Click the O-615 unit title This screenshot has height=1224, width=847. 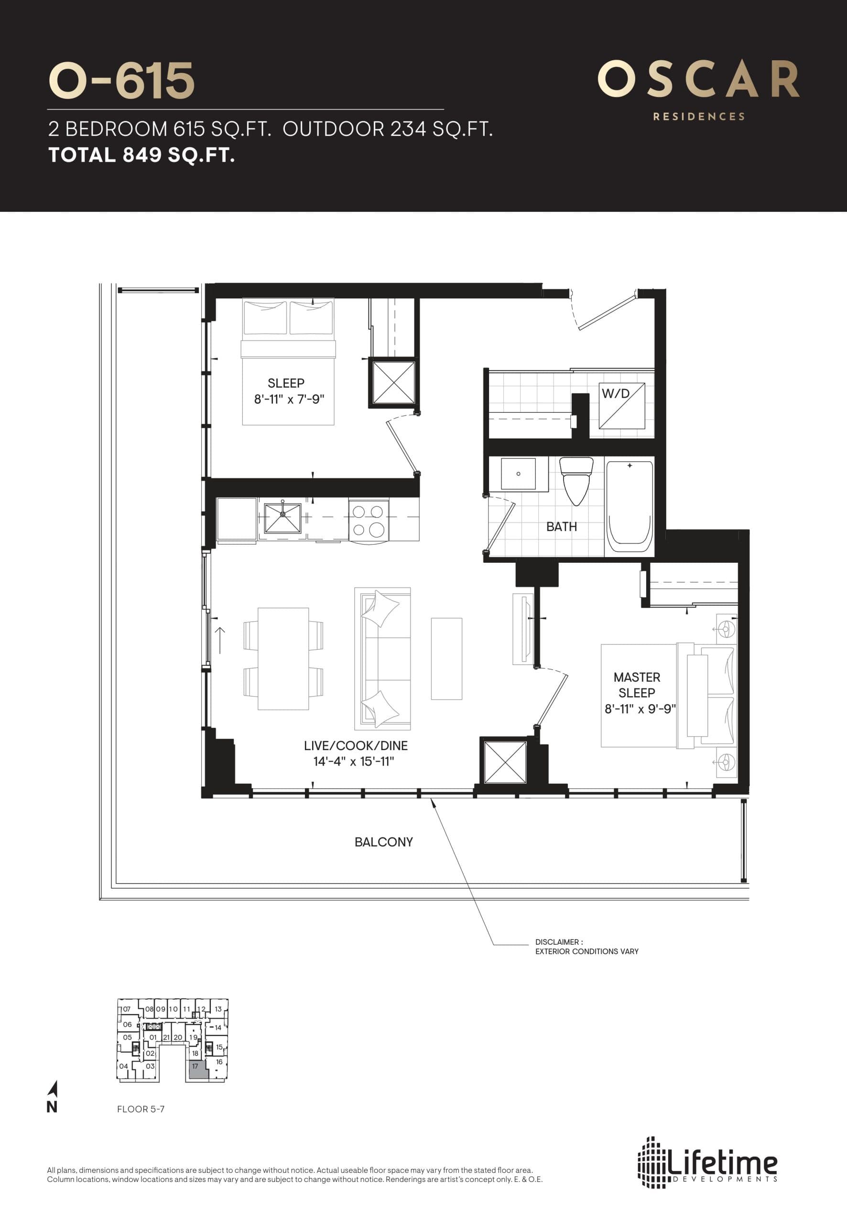121,81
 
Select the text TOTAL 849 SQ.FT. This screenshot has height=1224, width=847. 141,155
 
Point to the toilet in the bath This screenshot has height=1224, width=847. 576,479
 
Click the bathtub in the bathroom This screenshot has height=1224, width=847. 630,506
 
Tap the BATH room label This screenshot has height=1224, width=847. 561,526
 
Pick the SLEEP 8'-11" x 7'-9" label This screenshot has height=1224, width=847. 287,391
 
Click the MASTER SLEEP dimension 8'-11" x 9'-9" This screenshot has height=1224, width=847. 640,709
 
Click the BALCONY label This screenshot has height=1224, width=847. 383,842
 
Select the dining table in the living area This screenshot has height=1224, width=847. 283,658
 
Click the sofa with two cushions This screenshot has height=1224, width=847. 382,658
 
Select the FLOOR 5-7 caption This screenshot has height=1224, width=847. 141,1109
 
